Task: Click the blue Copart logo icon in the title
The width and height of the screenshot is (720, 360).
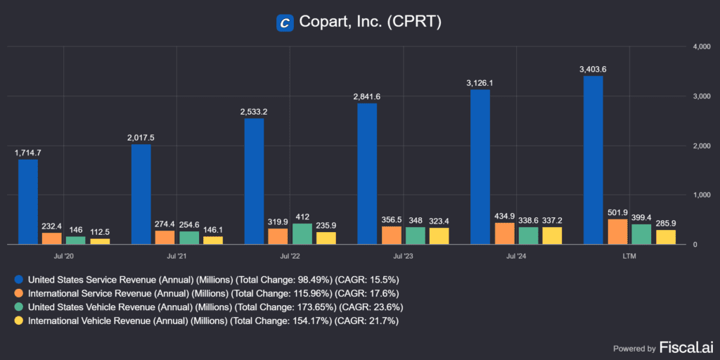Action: (x=285, y=22)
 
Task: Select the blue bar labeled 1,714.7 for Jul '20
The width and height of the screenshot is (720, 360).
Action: (x=28, y=202)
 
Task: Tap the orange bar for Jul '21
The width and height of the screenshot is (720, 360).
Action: (x=165, y=237)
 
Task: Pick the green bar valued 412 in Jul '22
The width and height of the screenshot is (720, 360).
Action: (x=302, y=233)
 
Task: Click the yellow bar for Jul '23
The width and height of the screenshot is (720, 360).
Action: (x=439, y=236)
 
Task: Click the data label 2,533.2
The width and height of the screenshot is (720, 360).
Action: (x=254, y=111)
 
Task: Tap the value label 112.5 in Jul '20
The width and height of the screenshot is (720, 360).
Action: (x=100, y=231)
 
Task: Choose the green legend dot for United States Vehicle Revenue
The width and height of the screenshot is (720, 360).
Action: (x=18, y=307)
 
